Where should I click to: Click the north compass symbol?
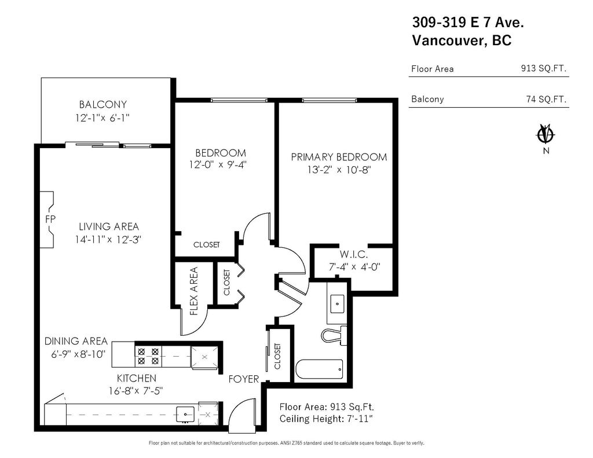click(x=545, y=134)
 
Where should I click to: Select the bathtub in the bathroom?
click(x=319, y=369)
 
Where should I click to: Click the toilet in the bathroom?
click(x=335, y=335)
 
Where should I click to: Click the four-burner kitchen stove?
click(x=148, y=356)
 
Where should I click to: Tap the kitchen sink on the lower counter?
click(x=185, y=413)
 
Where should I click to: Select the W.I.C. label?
click(x=354, y=255)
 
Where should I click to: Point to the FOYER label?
click(x=243, y=379)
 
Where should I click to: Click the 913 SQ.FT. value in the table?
click(x=544, y=68)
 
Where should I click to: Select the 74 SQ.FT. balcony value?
click(x=546, y=99)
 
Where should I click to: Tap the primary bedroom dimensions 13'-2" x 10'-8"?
click(x=339, y=170)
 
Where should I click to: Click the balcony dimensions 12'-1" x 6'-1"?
click(x=103, y=118)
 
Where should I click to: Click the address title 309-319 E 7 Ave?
click(x=467, y=23)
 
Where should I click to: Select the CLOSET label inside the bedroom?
click(x=206, y=245)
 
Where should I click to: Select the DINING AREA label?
click(x=76, y=341)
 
